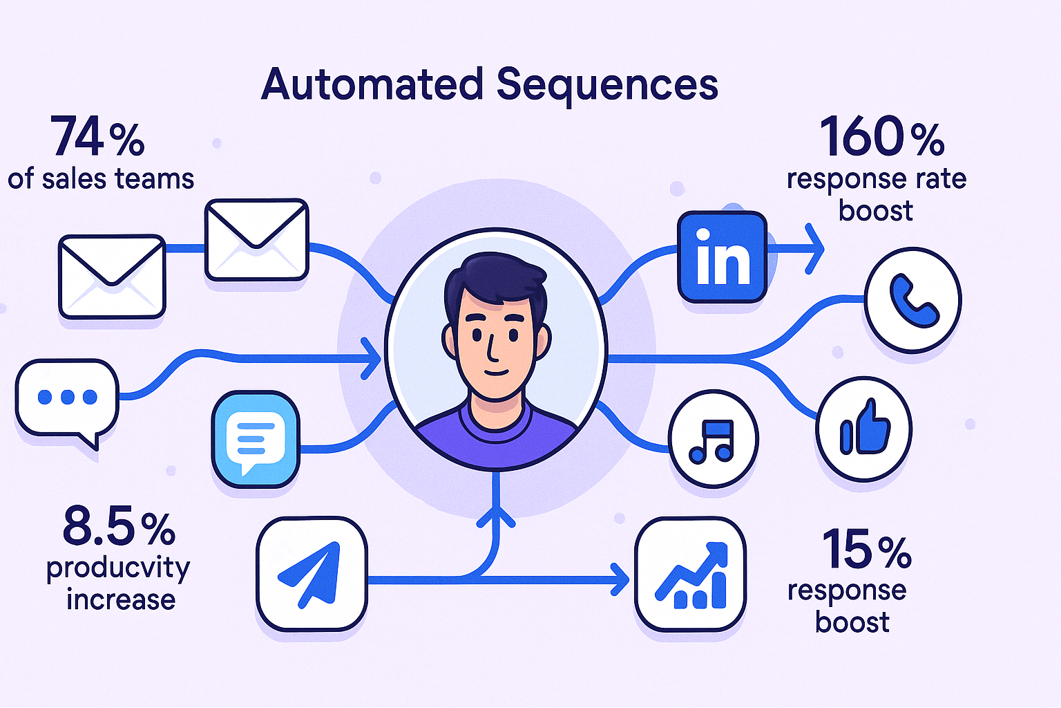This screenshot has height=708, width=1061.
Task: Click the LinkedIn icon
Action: click(x=723, y=257)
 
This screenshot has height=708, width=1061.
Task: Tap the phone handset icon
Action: click(x=912, y=300)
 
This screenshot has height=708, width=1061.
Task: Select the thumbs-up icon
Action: click(x=863, y=429)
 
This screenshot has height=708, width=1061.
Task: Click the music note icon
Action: click(x=713, y=439)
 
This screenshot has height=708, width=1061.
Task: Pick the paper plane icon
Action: click(x=312, y=574)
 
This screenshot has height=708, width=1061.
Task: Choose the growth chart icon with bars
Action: click(x=690, y=574)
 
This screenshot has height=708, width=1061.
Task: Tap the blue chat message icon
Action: click(x=256, y=439)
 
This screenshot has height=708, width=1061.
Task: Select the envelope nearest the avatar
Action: click(x=256, y=239)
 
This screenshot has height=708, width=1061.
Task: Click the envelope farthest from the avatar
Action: click(x=112, y=276)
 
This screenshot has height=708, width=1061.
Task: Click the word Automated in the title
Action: click(x=372, y=85)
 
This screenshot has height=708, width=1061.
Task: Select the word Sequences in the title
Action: click(x=607, y=85)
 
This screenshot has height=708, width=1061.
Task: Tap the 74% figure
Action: click(x=97, y=138)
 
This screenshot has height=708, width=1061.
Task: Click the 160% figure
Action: click(x=881, y=137)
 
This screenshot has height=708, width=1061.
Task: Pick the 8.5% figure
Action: click(x=119, y=527)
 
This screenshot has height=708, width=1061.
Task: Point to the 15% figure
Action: click(x=867, y=550)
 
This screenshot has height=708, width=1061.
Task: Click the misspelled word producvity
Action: click(x=118, y=568)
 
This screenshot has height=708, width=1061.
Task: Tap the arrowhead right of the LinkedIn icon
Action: click(x=815, y=248)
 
